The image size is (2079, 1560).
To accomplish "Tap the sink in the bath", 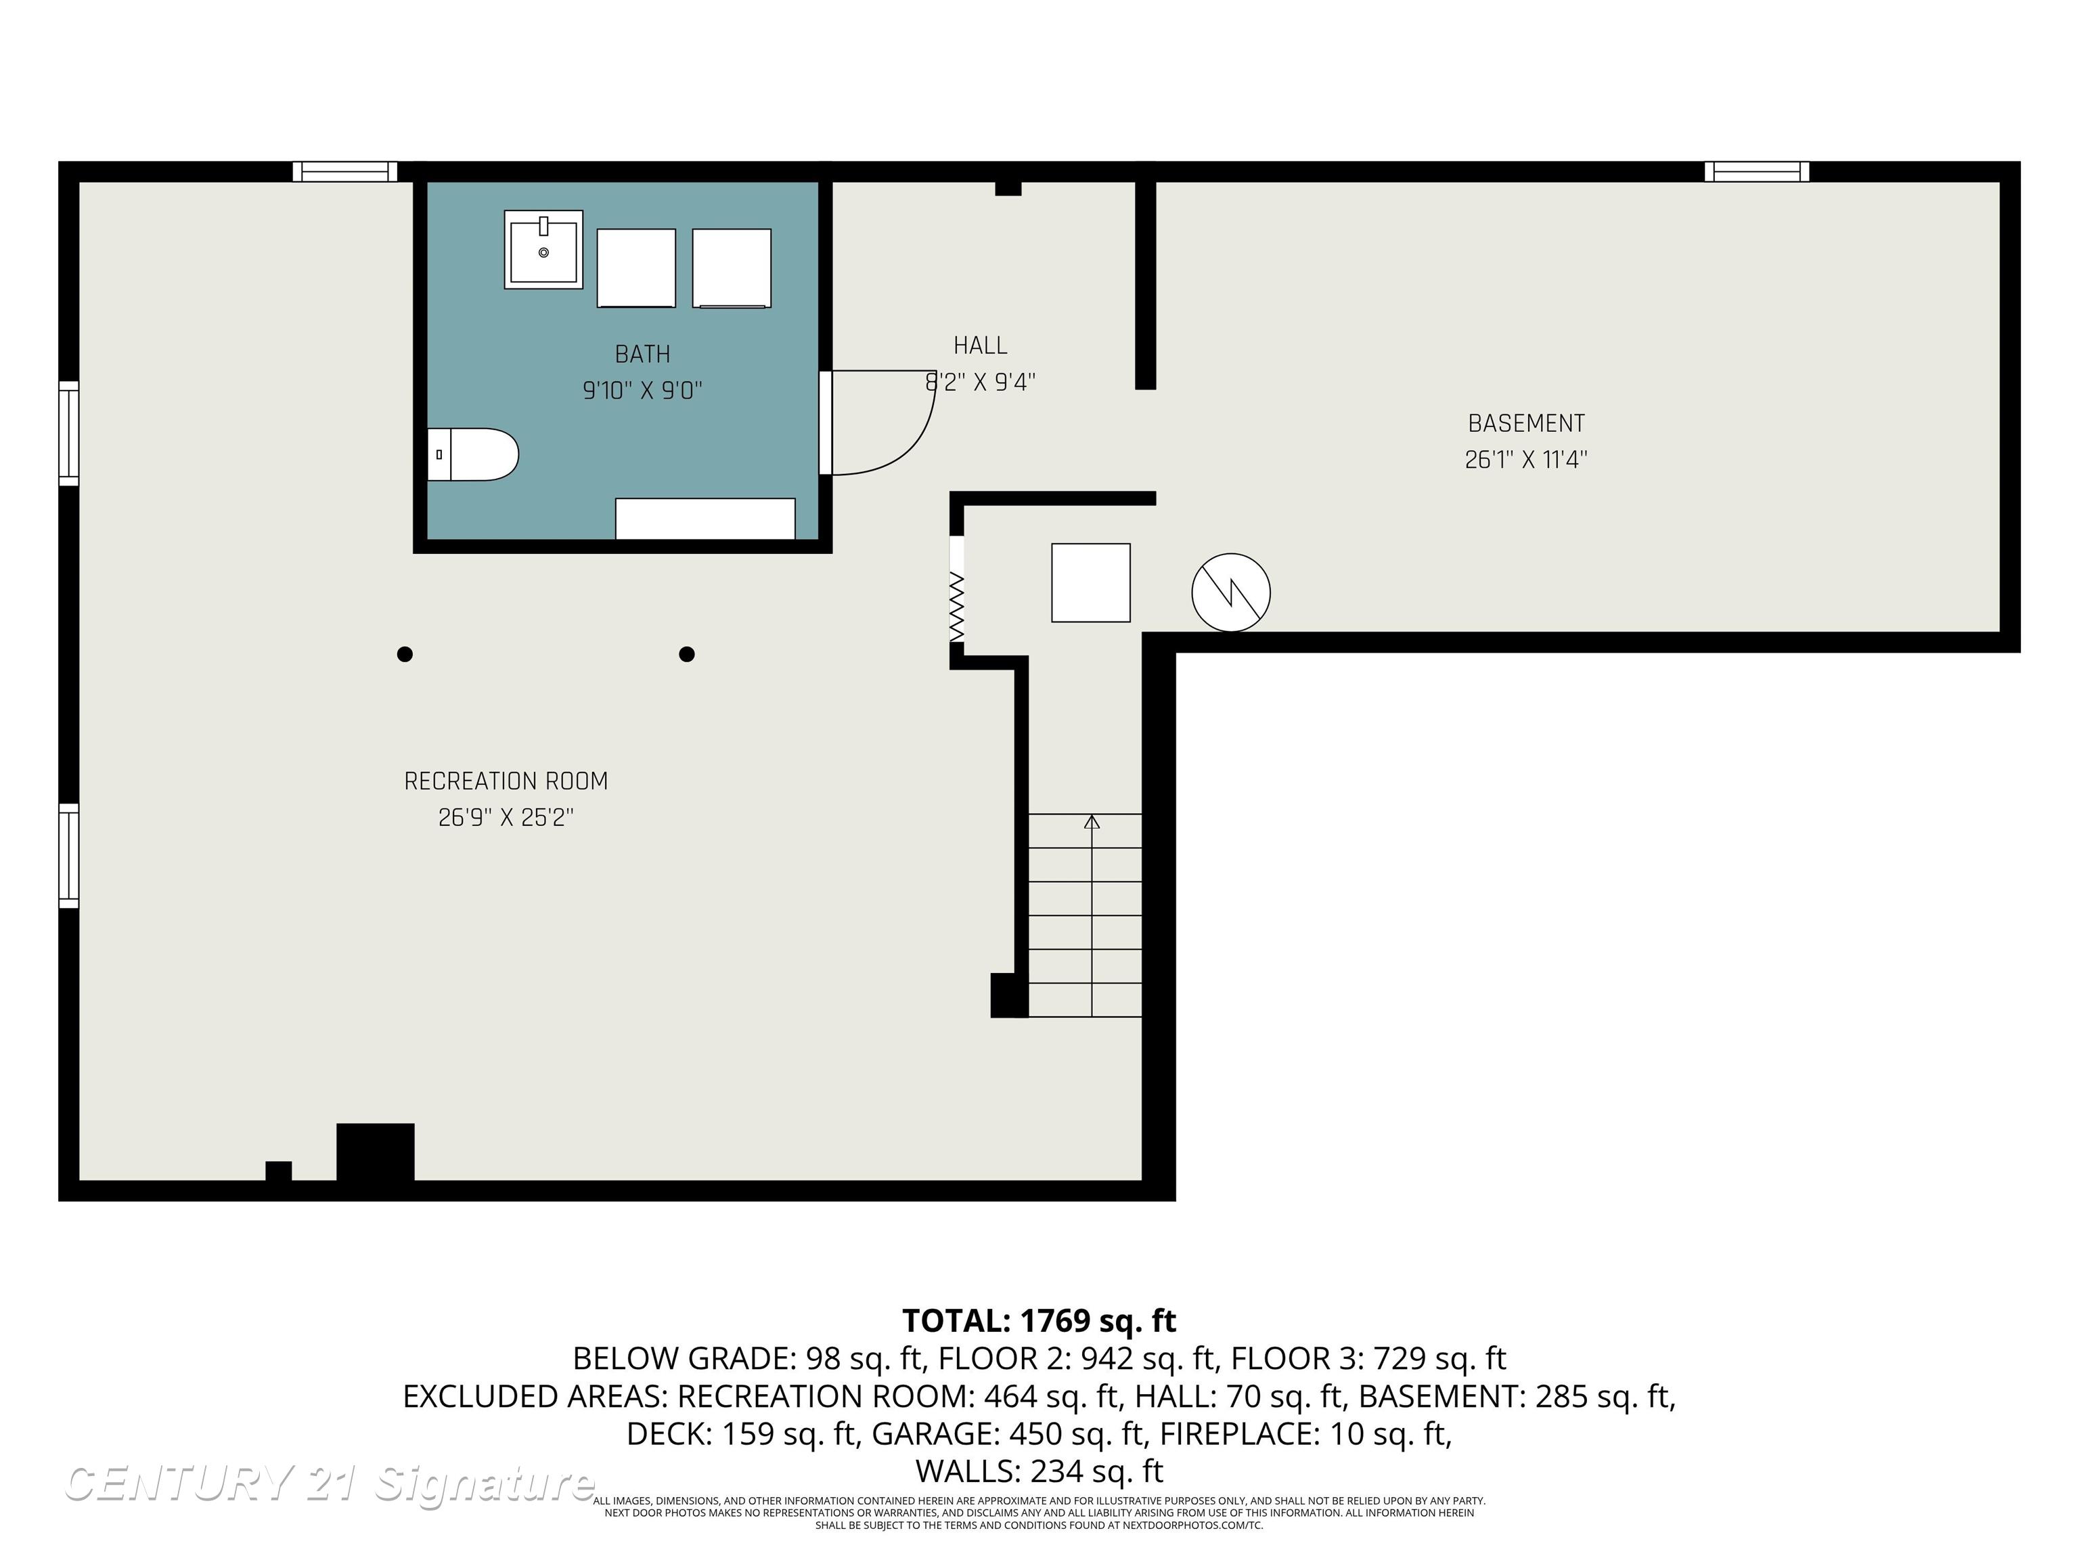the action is click(x=543, y=249).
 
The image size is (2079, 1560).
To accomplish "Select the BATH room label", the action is click(x=643, y=355).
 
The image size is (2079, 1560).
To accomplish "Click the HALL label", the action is click(x=981, y=346).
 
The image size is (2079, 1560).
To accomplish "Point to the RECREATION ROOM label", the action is click(x=506, y=781).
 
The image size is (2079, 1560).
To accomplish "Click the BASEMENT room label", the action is click(x=1526, y=423).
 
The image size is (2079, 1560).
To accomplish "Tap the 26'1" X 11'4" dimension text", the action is click(x=1526, y=460).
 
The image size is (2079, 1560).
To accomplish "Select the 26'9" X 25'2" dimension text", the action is click(x=506, y=818).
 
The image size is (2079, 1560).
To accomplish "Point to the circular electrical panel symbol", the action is click(x=1231, y=592).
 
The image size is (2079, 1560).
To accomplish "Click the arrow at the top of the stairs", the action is click(x=1091, y=822).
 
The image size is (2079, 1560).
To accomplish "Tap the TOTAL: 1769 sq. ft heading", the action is click(x=1039, y=1321).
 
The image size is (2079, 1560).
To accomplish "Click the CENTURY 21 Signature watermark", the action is click(x=329, y=1483).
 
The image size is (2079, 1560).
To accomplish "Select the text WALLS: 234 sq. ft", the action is click(x=1039, y=1471).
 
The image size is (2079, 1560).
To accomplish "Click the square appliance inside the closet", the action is click(x=1090, y=583).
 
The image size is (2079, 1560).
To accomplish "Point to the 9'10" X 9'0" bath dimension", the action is click(x=643, y=390).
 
